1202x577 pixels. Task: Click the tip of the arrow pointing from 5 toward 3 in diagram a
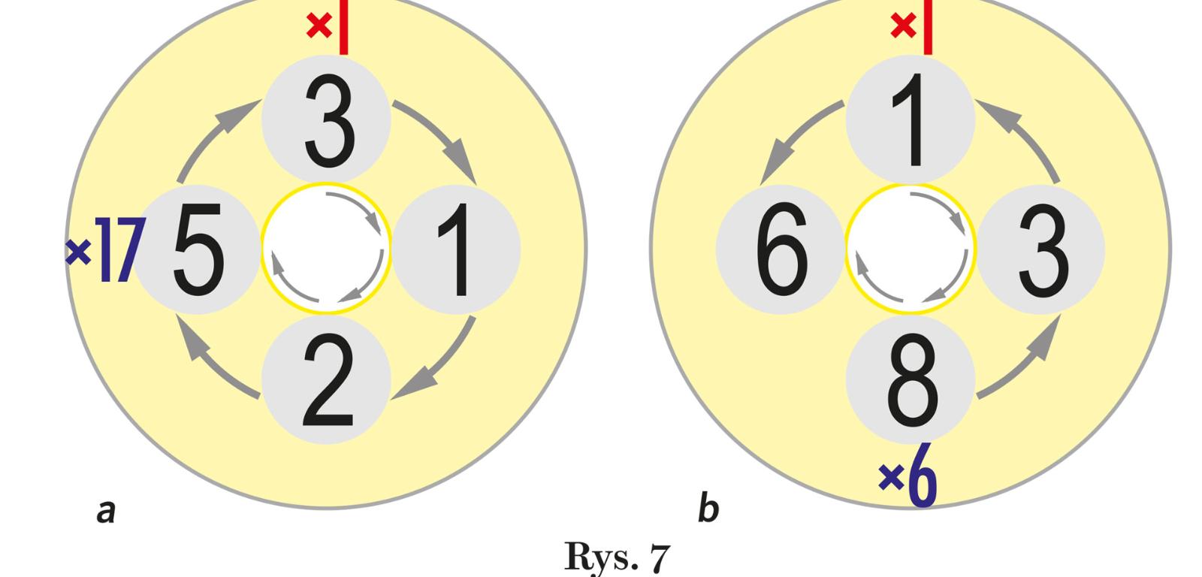pos(261,101)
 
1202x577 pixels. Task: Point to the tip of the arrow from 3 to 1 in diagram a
pos(476,183)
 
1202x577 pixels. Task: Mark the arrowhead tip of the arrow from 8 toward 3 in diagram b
pos(1060,315)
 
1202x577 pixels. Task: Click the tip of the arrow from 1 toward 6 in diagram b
pos(761,184)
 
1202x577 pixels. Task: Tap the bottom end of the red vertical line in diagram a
pos(343,54)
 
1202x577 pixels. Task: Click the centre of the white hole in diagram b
pos(911,249)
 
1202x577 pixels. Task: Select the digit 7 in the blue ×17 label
pos(128,249)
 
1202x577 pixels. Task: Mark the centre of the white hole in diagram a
pos(326,249)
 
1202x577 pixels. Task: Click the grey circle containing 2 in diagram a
pos(326,379)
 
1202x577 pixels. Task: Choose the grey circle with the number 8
pos(911,379)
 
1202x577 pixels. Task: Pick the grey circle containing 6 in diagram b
pos(781,249)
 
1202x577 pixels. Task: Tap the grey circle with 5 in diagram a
pos(197,249)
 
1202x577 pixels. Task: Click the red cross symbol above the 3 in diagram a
pos(319,26)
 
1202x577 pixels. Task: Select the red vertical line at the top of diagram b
pos(928,27)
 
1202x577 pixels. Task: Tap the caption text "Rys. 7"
pos(617,558)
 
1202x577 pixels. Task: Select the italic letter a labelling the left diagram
pos(106,512)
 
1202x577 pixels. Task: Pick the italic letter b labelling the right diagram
pos(708,507)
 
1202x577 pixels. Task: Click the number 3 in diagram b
pos(1044,250)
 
